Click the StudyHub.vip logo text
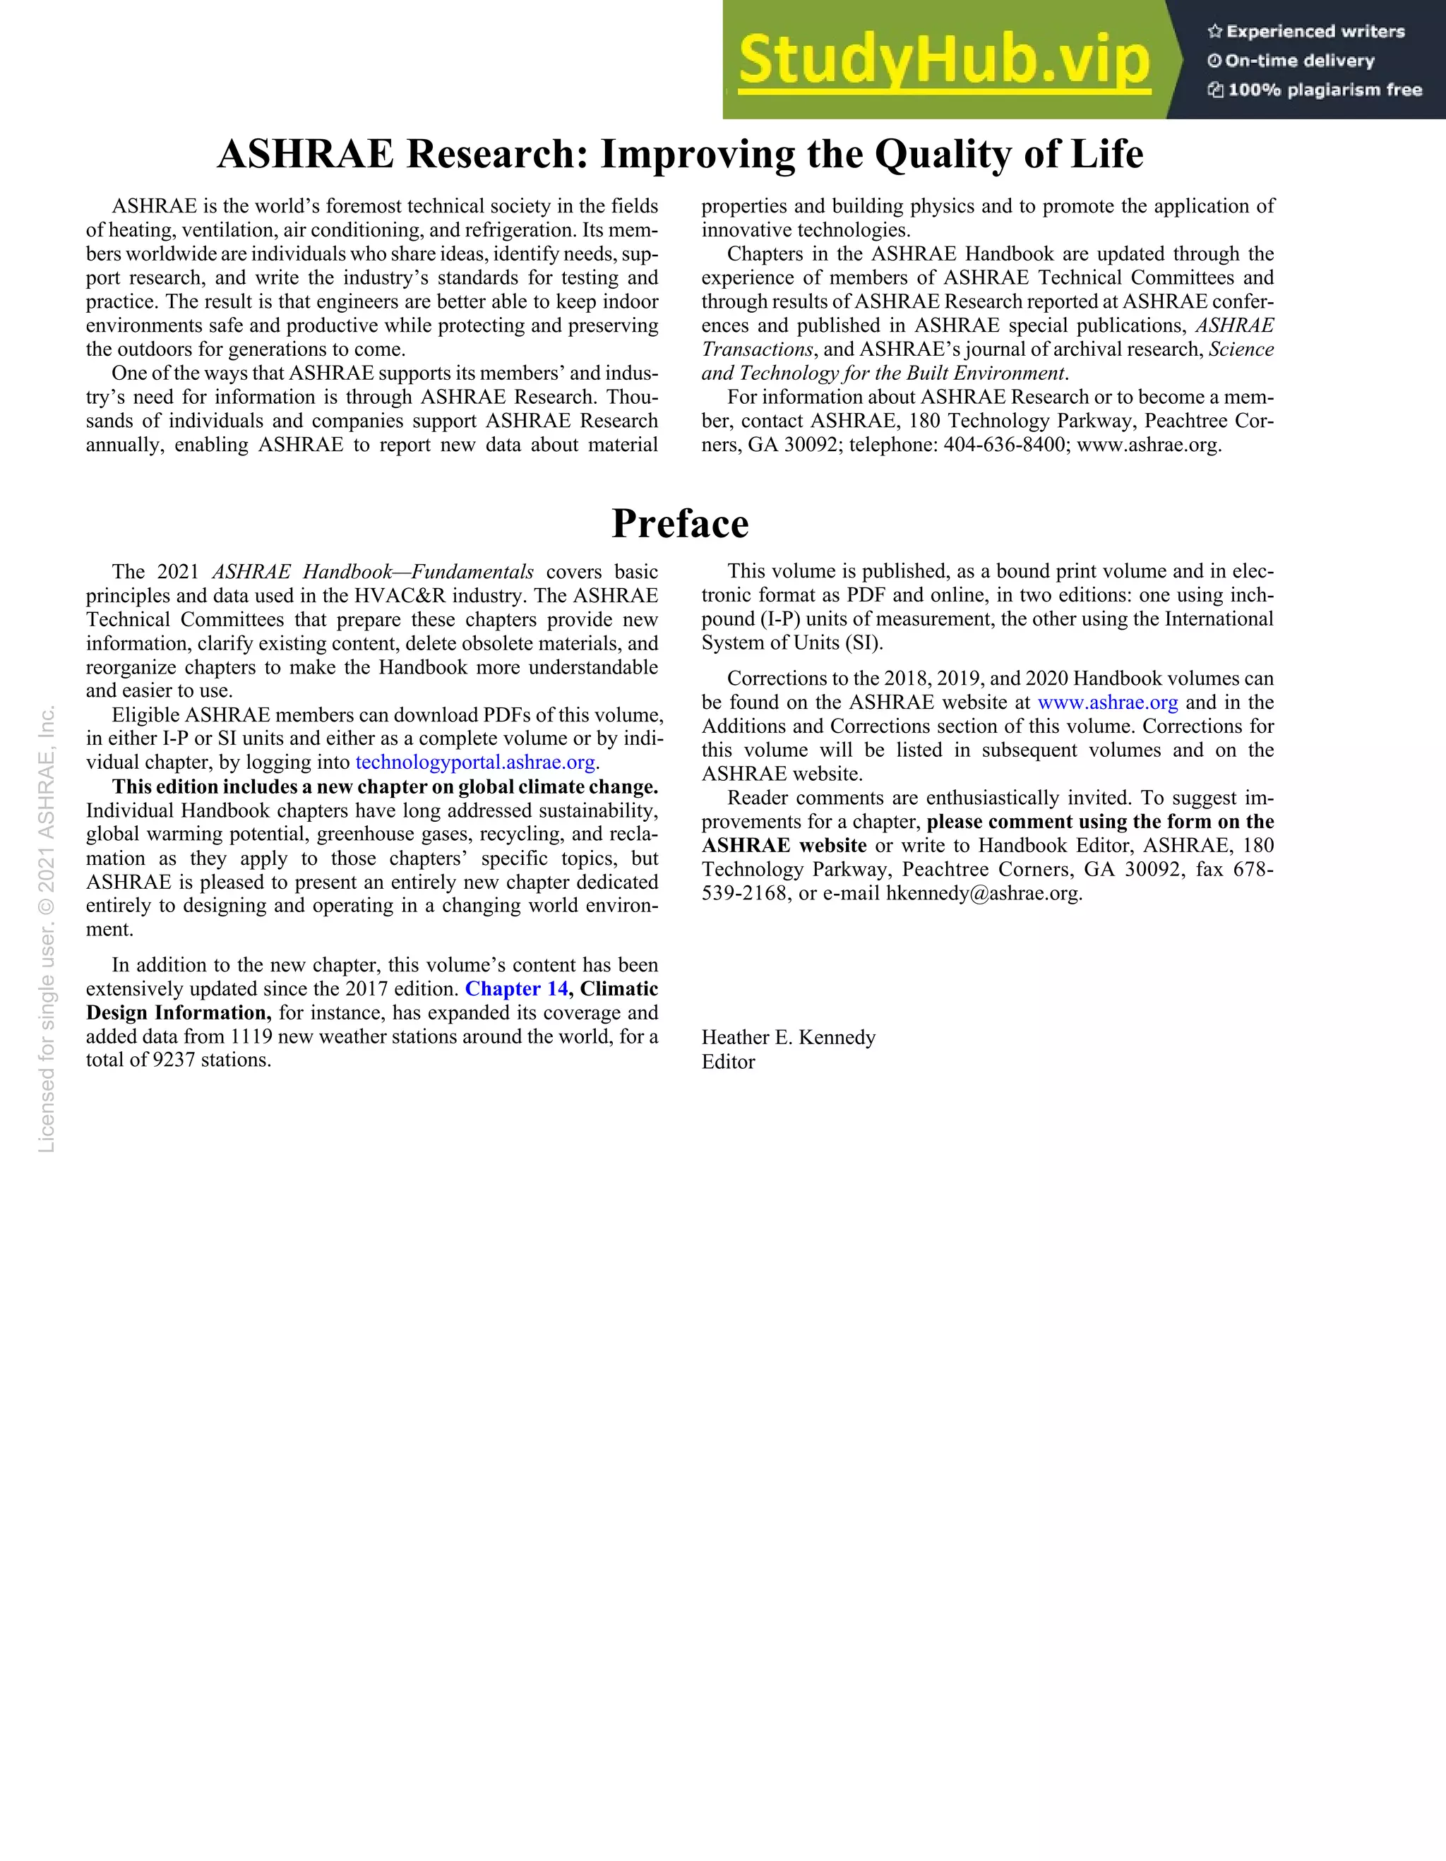point(944,61)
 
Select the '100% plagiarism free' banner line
point(1315,90)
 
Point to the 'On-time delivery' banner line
point(1292,61)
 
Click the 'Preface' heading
point(680,523)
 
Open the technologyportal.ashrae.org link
point(474,762)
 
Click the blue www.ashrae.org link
point(1108,702)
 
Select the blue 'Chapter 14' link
point(516,988)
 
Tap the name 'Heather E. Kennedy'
point(788,1037)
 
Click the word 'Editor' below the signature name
point(728,1062)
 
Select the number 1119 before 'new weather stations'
point(251,1036)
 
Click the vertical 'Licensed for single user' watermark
point(47,929)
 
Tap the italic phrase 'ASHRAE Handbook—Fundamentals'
point(372,571)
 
